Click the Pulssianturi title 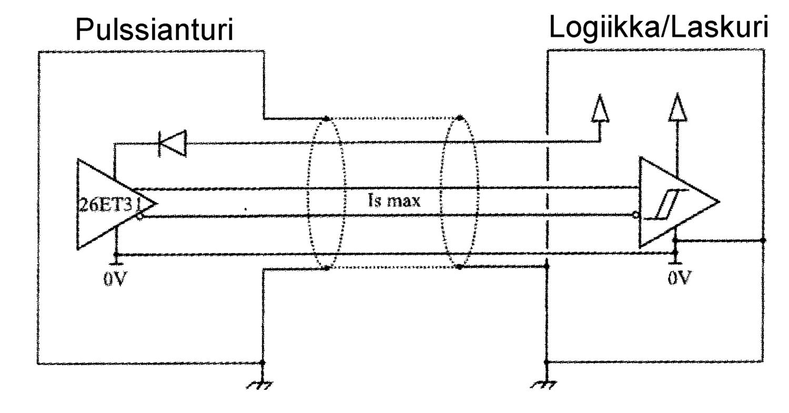click(154, 30)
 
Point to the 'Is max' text click(394, 200)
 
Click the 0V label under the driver click(115, 278)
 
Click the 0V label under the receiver click(680, 278)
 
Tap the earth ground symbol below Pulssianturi click(260, 385)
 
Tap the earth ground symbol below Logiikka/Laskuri click(544, 385)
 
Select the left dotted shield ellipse click(326, 193)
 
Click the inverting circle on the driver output click(139, 216)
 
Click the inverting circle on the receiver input click(636, 215)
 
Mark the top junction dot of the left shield click(326, 118)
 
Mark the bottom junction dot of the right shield click(459, 267)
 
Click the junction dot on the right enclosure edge click(763, 240)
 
